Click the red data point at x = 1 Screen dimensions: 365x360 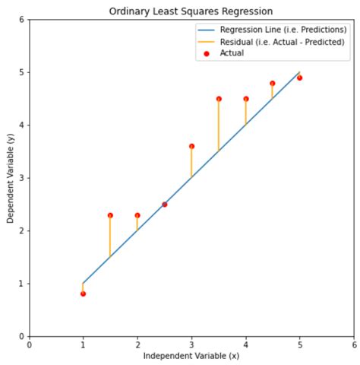tap(83, 294)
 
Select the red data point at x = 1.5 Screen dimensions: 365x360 tap(110, 215)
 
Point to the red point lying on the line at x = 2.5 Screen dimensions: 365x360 tap(164, 205)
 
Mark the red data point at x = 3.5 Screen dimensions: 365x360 tap(219, 99)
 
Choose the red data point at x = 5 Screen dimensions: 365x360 tap(300, 78)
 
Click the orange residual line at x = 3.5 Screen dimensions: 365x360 tap(219, 125)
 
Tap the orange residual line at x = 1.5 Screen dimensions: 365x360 tap(110, 236)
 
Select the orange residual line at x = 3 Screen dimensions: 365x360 tap(191, 162)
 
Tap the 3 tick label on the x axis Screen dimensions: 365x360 tap(191, 344)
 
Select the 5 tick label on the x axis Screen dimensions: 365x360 tap(300, 344)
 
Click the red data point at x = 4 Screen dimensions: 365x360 tap(246, 99)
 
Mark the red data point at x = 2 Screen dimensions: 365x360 tap(137, 215)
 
